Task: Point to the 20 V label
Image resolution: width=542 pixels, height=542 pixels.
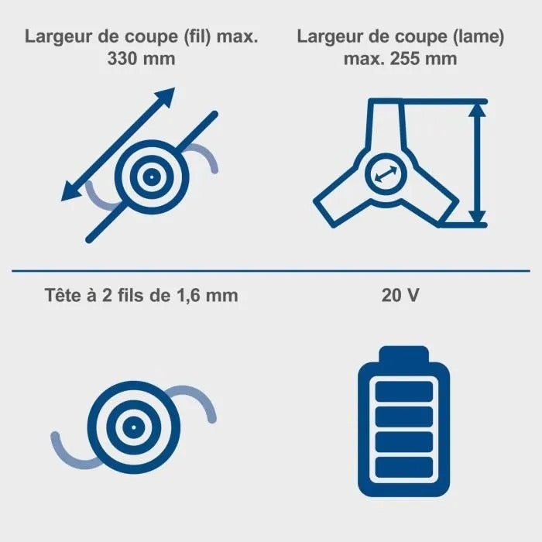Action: [x=400, y=296]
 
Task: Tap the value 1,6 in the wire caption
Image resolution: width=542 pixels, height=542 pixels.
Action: [x=190, y=297]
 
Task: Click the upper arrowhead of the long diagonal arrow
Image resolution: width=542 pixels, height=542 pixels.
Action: [x=164, y=97]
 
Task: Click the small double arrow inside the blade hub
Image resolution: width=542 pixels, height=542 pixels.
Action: [x=386, y=174]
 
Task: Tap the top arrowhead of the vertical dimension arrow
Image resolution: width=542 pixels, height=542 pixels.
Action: [x=478, y=110]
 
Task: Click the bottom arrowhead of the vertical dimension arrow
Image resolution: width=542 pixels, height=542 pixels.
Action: [x=478, y=217]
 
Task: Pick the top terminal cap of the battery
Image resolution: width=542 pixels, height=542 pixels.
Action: [x=403, y=354]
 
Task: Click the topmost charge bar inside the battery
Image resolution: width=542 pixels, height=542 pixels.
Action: [x=403, y=392]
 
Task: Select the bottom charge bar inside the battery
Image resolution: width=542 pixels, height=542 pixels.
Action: [x=403, y=468]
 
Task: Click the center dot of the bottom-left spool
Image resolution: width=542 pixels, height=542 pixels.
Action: [x=134, y=427]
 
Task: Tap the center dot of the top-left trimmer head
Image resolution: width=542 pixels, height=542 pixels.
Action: [x=152, y=177]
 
